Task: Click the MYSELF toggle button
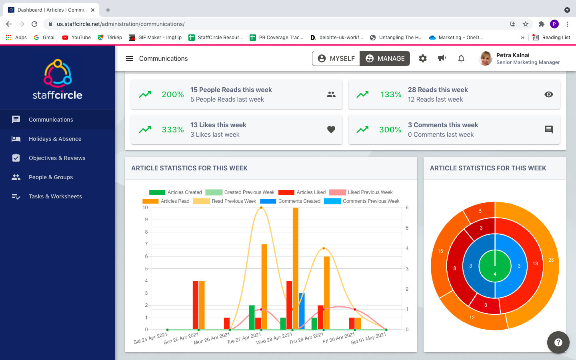[x=336, y=58]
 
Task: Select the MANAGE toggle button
[x=385, y=58]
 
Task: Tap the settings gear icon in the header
[x=423, y=58]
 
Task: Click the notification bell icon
[x=461, y=58]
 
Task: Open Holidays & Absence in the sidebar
[x=55, y=139]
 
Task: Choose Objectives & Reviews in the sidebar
[x=57, y=158]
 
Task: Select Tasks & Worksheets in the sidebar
[x=55, y=196]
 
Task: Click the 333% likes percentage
[x=173, y=130]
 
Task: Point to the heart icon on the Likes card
[x=331, y=130]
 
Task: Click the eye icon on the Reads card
[x=549, y=94]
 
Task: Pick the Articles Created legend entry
[x=176, y=192]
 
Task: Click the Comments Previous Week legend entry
[x=362, y=201]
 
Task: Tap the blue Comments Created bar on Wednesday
[x=302, y=311]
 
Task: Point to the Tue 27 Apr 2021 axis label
[x=244, y=338]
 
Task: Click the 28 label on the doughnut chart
[x=551, y=260]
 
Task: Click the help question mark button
[x=558, y=342]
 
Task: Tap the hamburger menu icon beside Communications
[x=130, y=58]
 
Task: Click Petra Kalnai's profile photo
[x=486, y=58]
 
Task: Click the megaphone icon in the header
[x=442, y=58]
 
